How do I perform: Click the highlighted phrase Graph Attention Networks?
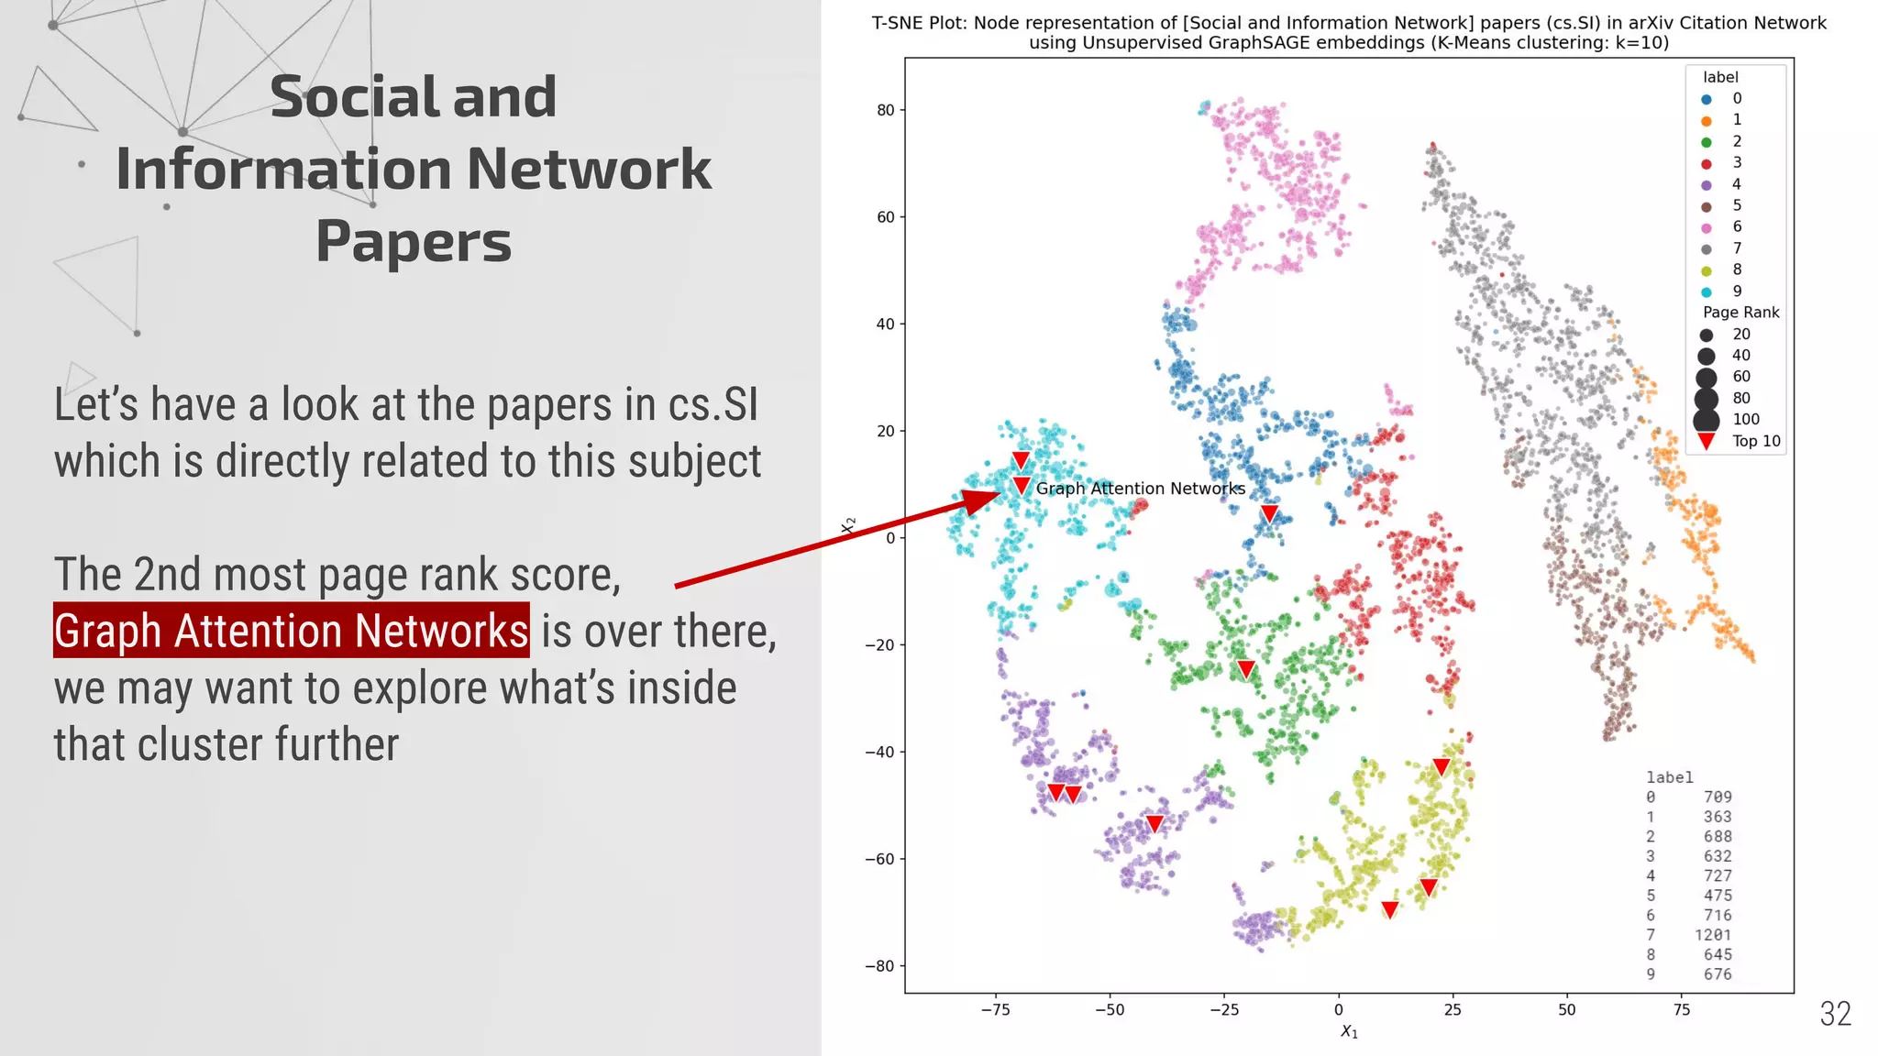[291, 631]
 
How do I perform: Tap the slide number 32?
[1835, 1014]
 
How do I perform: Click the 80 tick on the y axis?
[885, 110]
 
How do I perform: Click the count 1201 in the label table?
[1712, 935]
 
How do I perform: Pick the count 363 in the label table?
[1717, 817]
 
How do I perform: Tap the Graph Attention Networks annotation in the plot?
[1140, 489]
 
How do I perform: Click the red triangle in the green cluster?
[1245, 669]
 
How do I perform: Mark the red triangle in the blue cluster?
[1269, 513]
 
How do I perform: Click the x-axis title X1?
[1349, 1032]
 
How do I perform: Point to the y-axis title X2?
[849, 525]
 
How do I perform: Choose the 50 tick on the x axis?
[1566, 1010]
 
